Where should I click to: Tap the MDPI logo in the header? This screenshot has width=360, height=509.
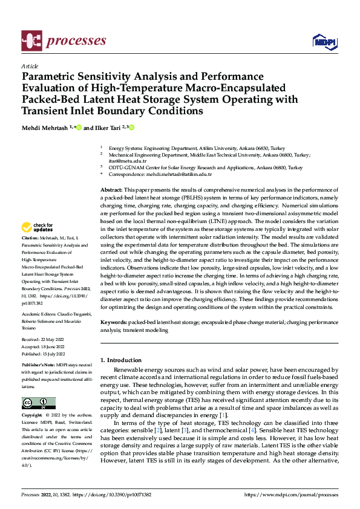(x=324, y=41)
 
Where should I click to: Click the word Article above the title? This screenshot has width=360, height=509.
(x=30, y=66)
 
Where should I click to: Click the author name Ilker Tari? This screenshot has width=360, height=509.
(x=104, y=128)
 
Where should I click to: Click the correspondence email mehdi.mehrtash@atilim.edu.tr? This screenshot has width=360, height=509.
(x=179, y=174)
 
